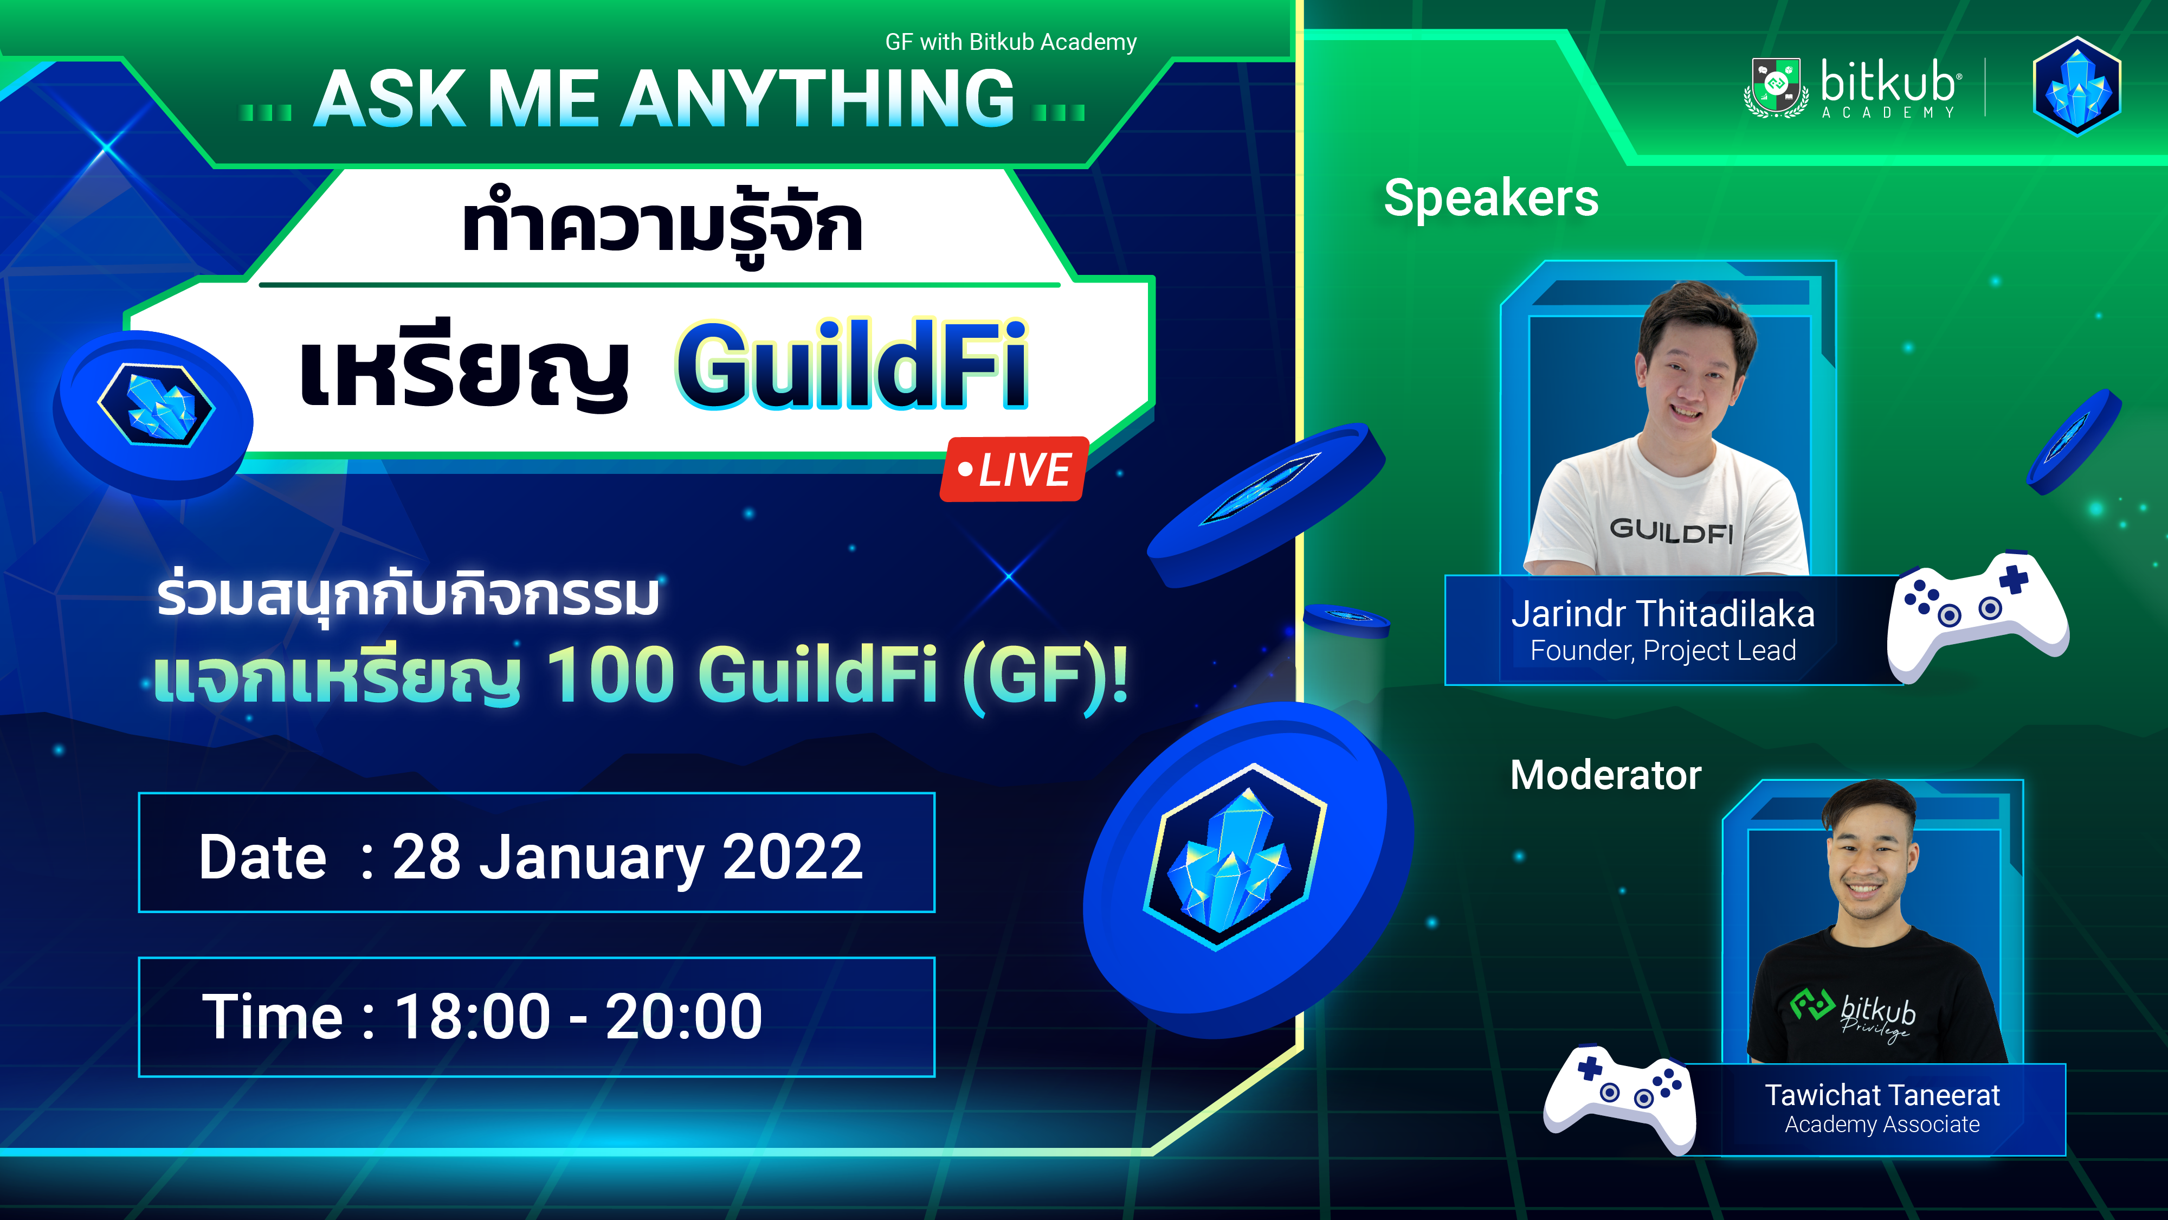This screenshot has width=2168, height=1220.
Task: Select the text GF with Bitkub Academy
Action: (x=1011, y=42)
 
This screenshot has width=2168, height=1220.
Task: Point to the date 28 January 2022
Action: (x=627, y=857)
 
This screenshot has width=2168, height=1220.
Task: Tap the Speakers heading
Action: (x=1490, y=198)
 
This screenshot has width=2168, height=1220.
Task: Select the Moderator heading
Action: (x=1605, y=775)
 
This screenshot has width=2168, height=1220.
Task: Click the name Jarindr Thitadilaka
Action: (x=1662, y=614)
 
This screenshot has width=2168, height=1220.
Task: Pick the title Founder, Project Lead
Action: (x=1662, y=651)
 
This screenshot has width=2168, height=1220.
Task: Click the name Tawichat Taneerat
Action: (x=1882, y=1095)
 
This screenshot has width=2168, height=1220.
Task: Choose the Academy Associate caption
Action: (x=1882, y=1125)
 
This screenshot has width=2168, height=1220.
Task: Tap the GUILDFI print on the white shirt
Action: (x=1670, y=530)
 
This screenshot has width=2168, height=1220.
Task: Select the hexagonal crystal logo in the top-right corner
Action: (x=2076, y=86)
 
